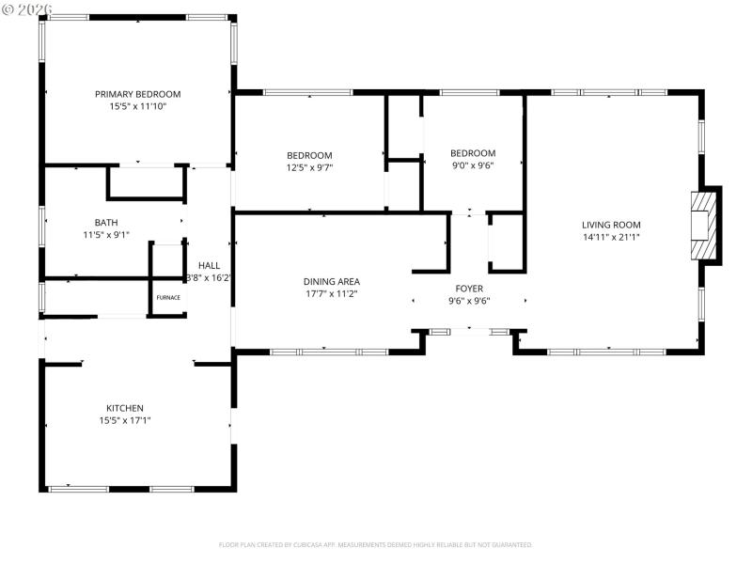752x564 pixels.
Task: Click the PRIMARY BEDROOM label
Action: tap(137, 94)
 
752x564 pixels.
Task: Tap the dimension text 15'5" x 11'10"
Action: tap(137, 106)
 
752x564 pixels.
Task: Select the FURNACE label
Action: tap(168, 297)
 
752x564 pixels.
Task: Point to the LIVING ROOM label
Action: tap(611, 225)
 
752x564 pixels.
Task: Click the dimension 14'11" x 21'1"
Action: tap(611, 237)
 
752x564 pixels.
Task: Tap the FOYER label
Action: tap(469, 289)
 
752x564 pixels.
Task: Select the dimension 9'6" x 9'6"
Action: tap(469, 301)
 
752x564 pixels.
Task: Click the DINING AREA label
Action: tap(331, 281)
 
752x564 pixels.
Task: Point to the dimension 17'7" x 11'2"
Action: tap(331, 293)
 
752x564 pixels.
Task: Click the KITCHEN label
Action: tap(124, 408)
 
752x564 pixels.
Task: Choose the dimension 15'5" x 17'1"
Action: tap(124, 420)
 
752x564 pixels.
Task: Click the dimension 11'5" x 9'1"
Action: tap(106, 235)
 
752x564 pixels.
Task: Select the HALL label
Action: tap(209, 266)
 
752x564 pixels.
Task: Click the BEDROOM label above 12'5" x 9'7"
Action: tap(309, 155)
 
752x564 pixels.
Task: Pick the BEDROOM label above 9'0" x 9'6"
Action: tap(472, 153)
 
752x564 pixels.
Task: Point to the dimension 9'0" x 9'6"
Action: tap(472, 165)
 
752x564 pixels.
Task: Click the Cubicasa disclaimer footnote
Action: tap(376, 544)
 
